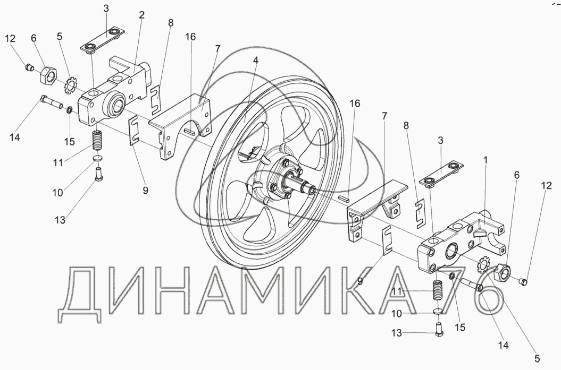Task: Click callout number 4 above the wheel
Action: pos(255,61)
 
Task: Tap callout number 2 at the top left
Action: pos(141,15)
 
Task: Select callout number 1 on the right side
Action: pos(485,160)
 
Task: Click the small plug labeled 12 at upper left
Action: pos(30,67)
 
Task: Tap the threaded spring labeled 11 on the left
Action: pos(97,141)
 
